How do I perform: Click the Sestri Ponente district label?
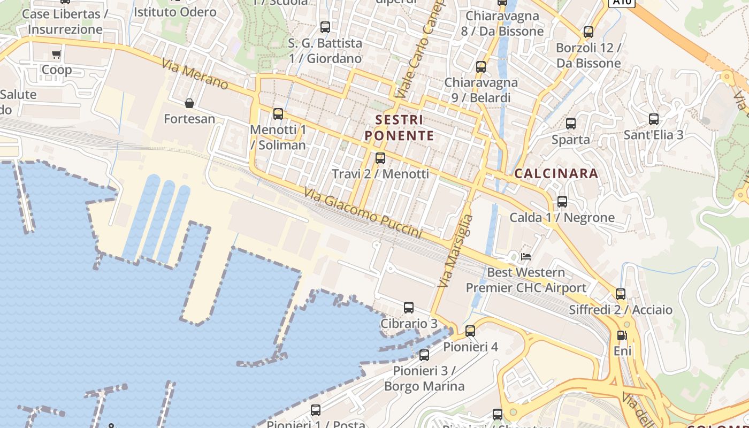coord(399,127)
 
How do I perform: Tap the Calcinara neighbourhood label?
coord(556,173)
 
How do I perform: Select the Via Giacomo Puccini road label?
coord(363,213)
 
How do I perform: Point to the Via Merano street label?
coord(195,74)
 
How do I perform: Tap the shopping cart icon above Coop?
coord(57,54)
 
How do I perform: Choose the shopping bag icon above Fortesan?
coord(189,103)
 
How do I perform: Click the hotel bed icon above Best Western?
coord(526,257)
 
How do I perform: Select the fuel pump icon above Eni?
coord(622,336)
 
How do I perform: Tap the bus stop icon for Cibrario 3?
coord(409,308)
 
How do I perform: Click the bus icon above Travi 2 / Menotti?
coord(380,158)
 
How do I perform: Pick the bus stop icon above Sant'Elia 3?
coord(653,119)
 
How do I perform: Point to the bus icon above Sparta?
coord(571,124)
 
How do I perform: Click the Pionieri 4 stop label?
coord(470,347)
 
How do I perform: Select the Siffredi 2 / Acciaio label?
coord(621,310)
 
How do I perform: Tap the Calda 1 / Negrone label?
coord(562,218)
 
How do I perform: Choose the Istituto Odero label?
coord(175,12)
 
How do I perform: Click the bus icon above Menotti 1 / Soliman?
coord(278,114)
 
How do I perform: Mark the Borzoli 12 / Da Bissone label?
coord(588,56)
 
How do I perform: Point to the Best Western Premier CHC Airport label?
coord(526,280)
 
